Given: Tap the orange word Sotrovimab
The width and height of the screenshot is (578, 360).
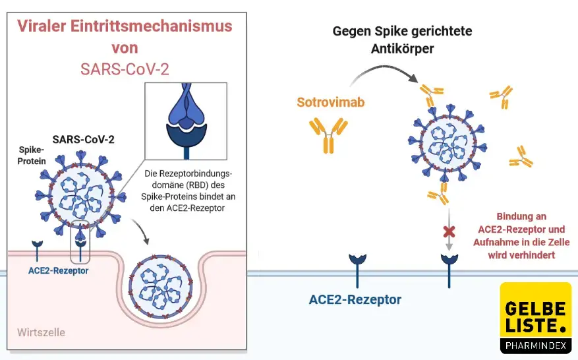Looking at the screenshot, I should pos(330,102).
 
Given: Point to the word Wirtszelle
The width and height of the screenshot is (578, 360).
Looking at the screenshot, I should pos(41,332).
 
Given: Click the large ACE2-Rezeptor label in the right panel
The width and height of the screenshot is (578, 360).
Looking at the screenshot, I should pos(355,299).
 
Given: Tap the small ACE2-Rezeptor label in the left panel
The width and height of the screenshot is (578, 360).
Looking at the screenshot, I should pos(59,270).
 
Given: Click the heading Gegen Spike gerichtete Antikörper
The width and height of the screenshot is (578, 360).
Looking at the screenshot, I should pos(402,40).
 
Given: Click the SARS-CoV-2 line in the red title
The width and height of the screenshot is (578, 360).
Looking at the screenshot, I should pos(125,69).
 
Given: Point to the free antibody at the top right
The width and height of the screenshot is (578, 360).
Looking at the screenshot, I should pos(502,97).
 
